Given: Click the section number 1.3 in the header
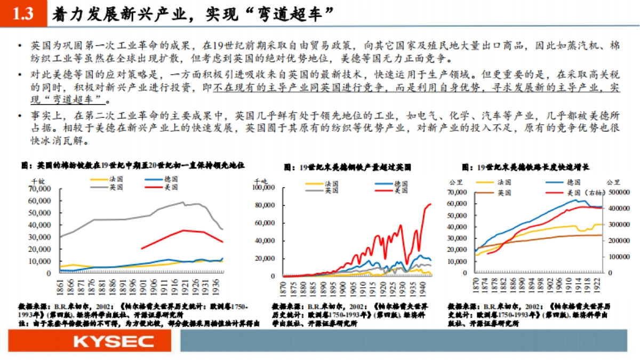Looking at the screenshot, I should pyautogui.click(x=22, y=14).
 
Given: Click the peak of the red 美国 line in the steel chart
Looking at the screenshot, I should pyautogui.click(x=430, y=204).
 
